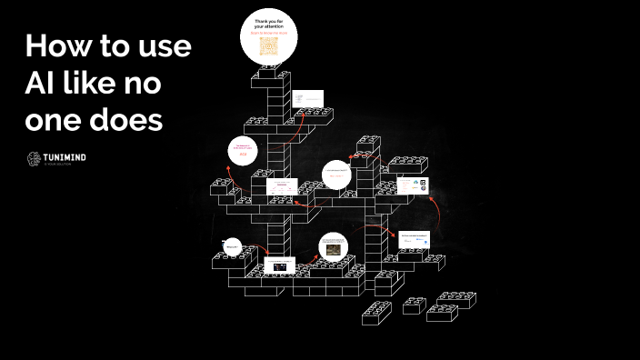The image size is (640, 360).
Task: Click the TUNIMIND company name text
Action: (65, 157)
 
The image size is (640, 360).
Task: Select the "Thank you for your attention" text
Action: (268, 24)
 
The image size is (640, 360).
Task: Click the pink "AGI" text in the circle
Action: (243, 155)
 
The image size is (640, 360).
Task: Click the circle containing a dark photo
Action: (333, 246)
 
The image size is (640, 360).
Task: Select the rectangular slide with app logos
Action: (412, 185)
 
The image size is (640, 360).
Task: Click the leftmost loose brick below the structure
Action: (375, 313)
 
